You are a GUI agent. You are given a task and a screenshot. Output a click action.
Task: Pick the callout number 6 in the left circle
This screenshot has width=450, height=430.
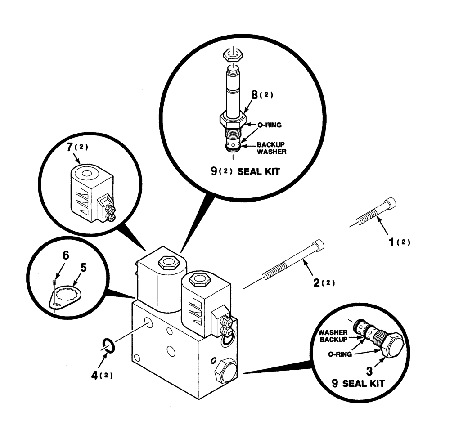[66, 255]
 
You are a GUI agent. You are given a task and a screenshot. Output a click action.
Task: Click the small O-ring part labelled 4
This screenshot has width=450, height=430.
[108, 345]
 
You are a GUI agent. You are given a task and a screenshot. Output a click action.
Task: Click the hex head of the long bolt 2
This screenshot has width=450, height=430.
[318, 245]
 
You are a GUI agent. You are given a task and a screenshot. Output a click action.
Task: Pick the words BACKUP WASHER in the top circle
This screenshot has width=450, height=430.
[271, 148]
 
